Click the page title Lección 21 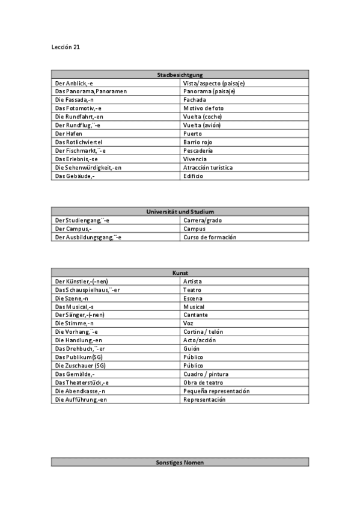(66, 47)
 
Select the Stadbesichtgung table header (180, 75)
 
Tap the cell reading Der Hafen (69, 134)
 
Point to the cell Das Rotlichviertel (79, 142)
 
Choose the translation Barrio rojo (199, 142)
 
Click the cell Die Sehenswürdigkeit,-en (88, 167)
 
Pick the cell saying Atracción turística (208, 167)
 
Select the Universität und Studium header (180, 212)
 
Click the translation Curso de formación (210, 237)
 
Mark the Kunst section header (180, 273)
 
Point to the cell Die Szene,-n (72, 298)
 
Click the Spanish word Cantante (196, 315)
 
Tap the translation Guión (192, 349)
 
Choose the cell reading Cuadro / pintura (206, 374)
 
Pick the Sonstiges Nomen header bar (180, 462)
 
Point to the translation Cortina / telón (204, 332)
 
